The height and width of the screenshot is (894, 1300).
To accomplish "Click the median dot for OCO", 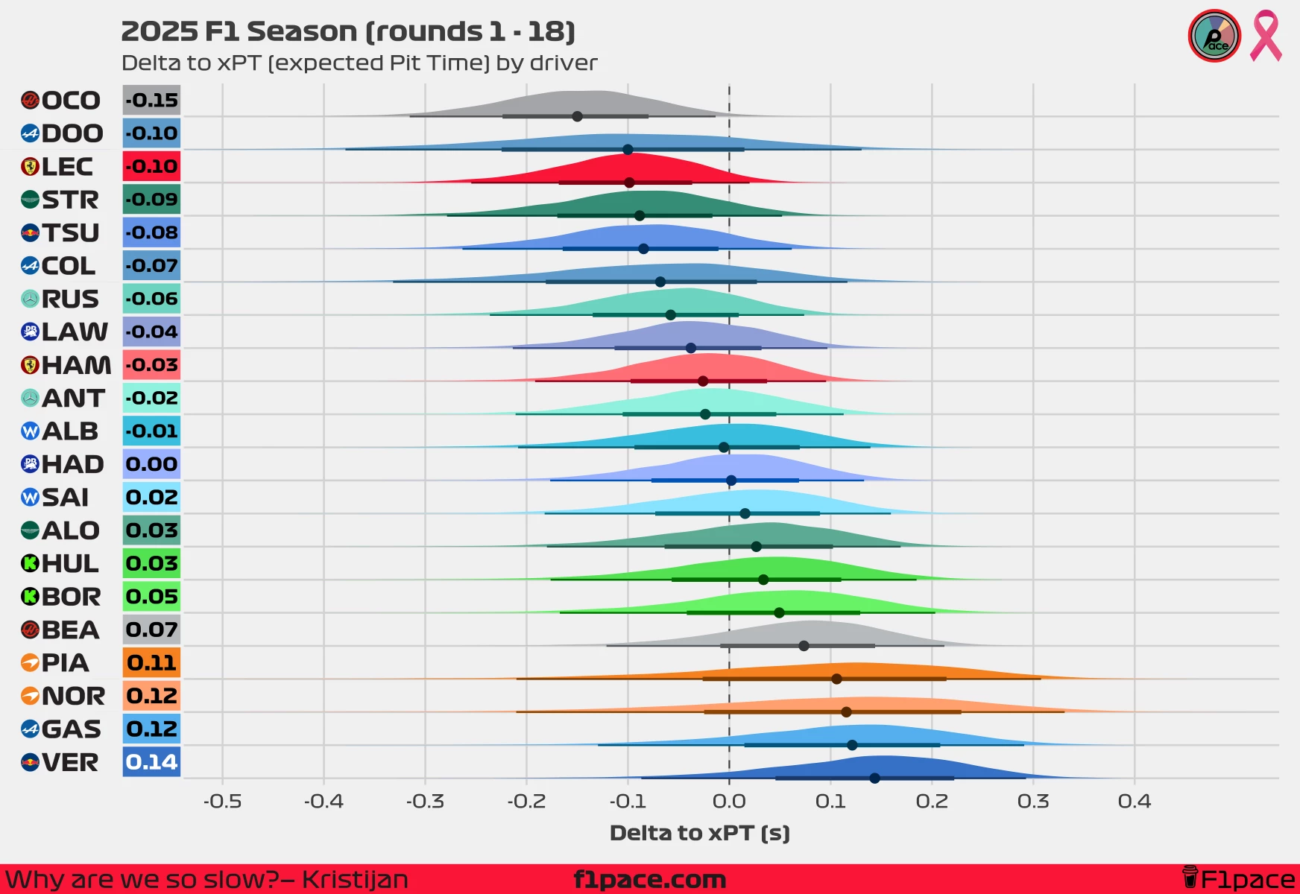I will (577, 116).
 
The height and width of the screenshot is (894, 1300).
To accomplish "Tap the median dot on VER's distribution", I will (874, 778).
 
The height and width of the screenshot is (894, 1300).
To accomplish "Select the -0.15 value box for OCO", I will (151, 101).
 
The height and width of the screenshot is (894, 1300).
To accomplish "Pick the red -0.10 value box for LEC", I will (151, 166).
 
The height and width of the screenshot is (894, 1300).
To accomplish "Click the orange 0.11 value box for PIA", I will (151, 662).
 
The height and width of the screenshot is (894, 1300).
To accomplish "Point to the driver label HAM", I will (76, 365).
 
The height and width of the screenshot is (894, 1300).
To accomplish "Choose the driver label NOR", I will (73, 696).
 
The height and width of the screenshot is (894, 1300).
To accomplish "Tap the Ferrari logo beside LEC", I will (30, 167).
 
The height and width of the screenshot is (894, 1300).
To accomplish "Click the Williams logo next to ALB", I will (30, 431).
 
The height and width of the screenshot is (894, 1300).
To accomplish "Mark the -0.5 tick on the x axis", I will (222, 802).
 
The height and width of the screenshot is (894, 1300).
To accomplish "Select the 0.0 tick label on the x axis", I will (729, 802).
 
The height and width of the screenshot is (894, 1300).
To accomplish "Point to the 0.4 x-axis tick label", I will (1135, 802).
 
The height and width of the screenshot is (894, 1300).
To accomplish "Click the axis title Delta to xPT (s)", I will (699, 833).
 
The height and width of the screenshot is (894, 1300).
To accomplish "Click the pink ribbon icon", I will (1266, 35).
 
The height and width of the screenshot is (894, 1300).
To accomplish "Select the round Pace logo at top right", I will (1214, 36).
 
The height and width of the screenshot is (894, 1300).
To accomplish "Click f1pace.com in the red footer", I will (649, 880).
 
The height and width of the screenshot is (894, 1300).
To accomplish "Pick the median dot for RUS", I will (670, 314).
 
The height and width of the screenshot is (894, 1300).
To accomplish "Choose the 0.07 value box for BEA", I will (151, 630).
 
